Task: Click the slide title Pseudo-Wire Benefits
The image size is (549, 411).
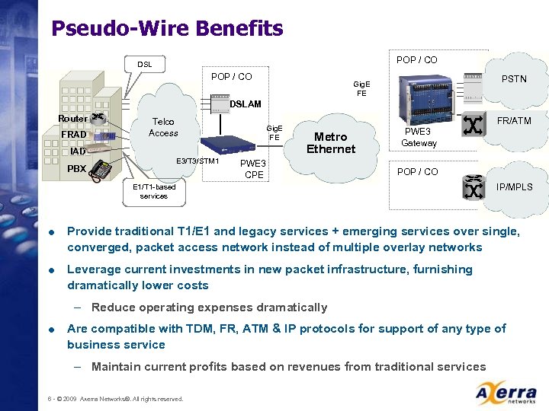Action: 166,29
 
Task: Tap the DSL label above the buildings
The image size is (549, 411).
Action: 144,65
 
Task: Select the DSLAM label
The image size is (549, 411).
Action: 246,104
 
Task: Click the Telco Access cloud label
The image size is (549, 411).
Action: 163,127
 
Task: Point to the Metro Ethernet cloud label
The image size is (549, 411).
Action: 331,143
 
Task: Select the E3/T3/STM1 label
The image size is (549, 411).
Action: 197,161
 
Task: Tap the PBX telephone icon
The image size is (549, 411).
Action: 100,170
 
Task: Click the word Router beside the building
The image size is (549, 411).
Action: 72,119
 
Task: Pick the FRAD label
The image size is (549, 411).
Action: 74,135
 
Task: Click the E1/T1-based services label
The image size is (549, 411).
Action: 154,191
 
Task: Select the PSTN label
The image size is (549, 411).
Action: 513,79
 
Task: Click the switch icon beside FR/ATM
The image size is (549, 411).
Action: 472,126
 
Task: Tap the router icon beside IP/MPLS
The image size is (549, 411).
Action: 473,185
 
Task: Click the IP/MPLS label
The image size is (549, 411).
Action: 515,187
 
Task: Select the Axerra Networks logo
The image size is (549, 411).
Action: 506,393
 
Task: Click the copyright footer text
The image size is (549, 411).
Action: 115,399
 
